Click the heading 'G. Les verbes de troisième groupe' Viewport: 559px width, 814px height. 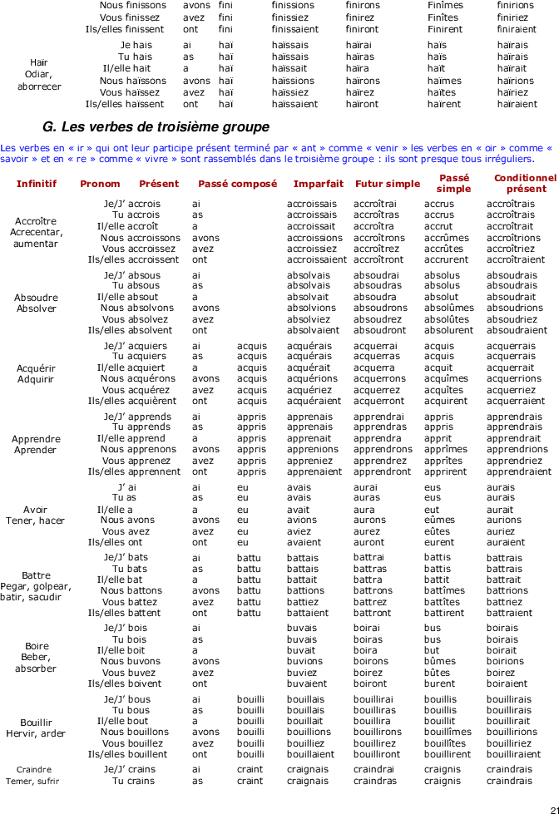156,126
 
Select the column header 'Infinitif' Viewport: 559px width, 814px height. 37,184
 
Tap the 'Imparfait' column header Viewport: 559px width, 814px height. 319,184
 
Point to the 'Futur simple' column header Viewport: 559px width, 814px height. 388,184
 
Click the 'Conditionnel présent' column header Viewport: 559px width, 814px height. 525,183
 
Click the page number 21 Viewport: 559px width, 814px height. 554,810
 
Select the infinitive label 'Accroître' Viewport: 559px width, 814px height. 35,221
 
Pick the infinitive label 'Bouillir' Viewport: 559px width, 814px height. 36,723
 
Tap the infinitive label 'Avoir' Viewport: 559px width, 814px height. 35,510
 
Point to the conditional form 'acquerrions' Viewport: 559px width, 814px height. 514,379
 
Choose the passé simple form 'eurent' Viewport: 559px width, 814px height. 439,542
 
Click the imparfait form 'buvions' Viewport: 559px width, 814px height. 304,661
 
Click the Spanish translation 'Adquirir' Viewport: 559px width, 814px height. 35,379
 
